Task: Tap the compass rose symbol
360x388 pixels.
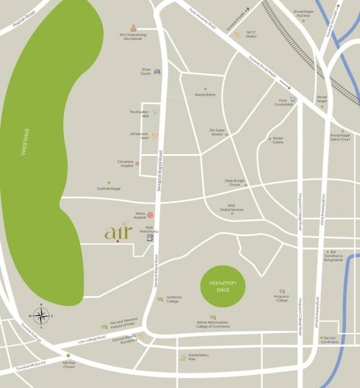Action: [41, 316]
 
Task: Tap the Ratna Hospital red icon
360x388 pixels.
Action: [150, 215]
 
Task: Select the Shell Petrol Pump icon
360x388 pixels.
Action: [151, 237]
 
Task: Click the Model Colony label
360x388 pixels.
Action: [278, 140]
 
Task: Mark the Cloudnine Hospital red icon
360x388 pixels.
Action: [137, 164]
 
